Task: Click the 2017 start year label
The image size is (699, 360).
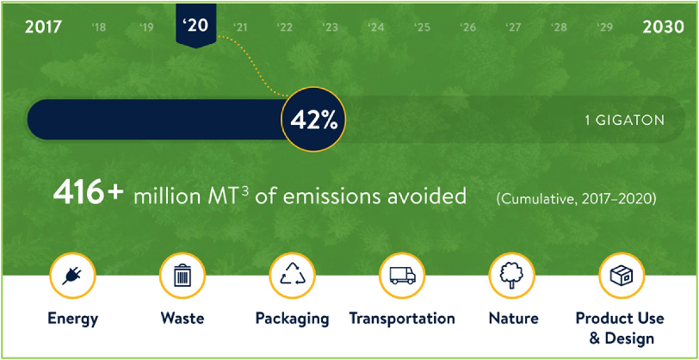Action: click(x=43, y=28)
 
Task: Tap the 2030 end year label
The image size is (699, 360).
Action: click(x=664, y=28)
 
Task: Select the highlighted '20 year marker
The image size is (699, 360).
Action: click(x=196, y=25)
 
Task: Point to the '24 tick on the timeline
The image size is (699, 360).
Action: click(x=376, y=28)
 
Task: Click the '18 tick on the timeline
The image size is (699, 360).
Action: click(x=99, y=28)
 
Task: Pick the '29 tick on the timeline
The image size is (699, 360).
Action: click(x=604, y=28)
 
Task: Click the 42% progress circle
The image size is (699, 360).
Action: click(x=314, y=120)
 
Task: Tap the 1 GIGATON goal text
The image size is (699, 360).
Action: click(x=625, y=120)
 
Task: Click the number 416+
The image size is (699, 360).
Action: click(x=88, y=195)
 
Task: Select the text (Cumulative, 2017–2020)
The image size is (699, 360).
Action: click(x=576, y=198)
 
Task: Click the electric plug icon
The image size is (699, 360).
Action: click(x=72, y=276)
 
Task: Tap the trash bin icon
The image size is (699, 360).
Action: click(x=182, y=275)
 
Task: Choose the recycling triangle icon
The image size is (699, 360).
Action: click(x=293, y=275)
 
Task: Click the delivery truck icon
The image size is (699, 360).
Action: click(x=402, y=276)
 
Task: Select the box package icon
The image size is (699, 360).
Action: click(x=622, y=276)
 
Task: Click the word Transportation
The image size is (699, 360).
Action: click(x=402, y=319)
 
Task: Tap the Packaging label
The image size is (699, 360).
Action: click(x=293, y=320)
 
